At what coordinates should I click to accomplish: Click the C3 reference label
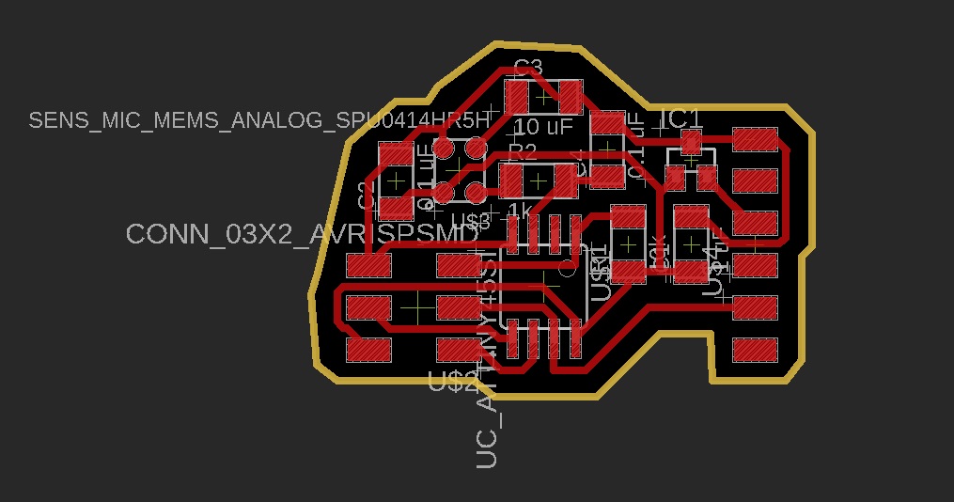(x=528, y=67)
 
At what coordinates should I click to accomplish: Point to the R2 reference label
(x=522, y=151)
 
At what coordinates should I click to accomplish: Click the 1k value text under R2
(x=520, y=208)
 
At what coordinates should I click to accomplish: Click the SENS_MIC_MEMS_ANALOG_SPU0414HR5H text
(x=259, y=120)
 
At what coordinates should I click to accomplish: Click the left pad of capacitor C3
(x=518, y=96)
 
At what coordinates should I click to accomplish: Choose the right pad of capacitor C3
(x=570, y=95)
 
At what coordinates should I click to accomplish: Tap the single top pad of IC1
(x=691, y=143)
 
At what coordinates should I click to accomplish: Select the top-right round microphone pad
(x=477, y=148)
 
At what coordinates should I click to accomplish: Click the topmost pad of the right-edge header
(x=755, y=140)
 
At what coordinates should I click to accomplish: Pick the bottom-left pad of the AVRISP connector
(x=368, y=350)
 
